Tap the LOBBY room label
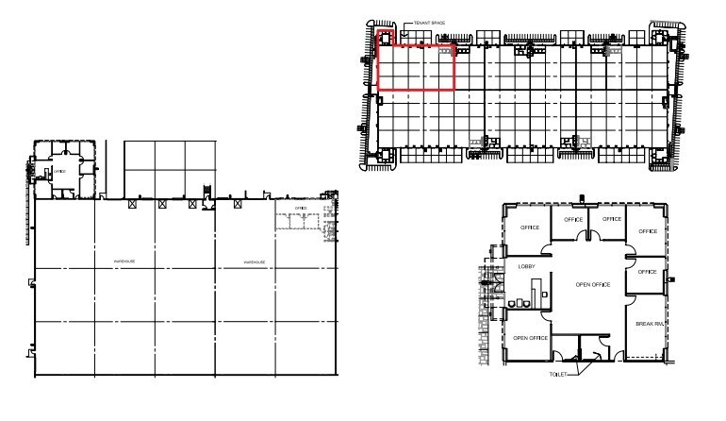(x=528, y=266)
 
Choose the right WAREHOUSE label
(x=255, y=261)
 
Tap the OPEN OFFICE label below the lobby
(x=530, y=337)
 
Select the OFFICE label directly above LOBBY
(x=530, y=227)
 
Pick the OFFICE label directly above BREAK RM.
(x=646, y=271)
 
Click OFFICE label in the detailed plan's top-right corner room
(x=646, y=229)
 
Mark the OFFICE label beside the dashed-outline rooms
(x=301, y=208)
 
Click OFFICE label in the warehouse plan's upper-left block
(x=59, y=171)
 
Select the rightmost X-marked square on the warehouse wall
(x=235, y=203)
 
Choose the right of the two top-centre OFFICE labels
(x=610, y=218)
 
